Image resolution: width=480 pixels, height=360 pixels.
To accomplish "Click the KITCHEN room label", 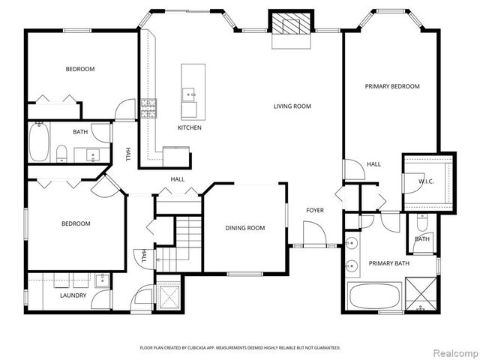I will pyautogui.click(x=189, y=127).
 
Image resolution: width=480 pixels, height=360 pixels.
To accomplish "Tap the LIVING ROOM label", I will pyautogui.click(x=292, y=106).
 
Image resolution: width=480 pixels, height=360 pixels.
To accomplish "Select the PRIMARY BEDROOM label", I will pyautogui.click(x=392, y=86).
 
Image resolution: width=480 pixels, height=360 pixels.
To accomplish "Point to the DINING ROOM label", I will pyautogui.click(x=245, y=228).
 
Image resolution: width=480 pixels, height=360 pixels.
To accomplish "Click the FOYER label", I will pyautogui.click(x=314, y=210).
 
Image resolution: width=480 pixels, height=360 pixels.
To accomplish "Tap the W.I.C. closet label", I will pyautogui.click(x=427, y=181).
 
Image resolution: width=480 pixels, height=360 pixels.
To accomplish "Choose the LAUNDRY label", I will pyautogui.click(x=73, y=295).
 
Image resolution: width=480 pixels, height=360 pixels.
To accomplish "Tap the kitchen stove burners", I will pyautogui.click(x=148, y=109).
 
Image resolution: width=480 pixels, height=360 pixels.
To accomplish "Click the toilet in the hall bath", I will pyautogui.click(x=62, y=154).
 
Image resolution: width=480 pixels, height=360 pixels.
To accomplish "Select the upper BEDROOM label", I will pyautogui.click(x=79, y=69).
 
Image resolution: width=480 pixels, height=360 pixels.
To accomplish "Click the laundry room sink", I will pyautogui.click(x=101, y=280).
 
